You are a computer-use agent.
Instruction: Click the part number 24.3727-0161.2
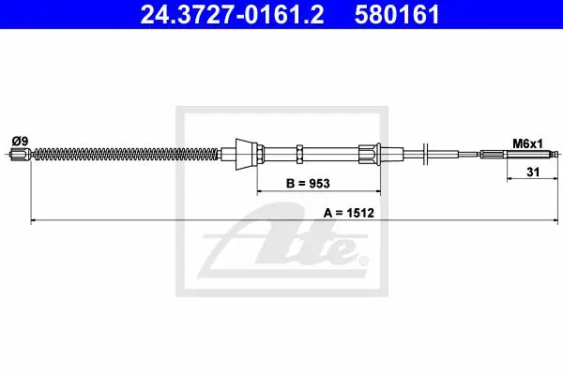coord(232,15)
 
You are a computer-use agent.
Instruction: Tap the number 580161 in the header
coord(397,15)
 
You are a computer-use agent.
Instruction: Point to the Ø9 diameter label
coord(20,141)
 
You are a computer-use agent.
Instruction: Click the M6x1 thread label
coord(527,143)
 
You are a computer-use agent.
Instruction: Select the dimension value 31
coord(533,172)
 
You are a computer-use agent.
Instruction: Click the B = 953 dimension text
coord(308,184)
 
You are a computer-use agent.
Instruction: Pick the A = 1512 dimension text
coord(349,213)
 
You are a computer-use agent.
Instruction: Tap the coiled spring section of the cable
coord(125,155)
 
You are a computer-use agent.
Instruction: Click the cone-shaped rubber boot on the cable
coord(246,155)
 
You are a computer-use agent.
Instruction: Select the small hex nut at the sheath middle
coord(300,155)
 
